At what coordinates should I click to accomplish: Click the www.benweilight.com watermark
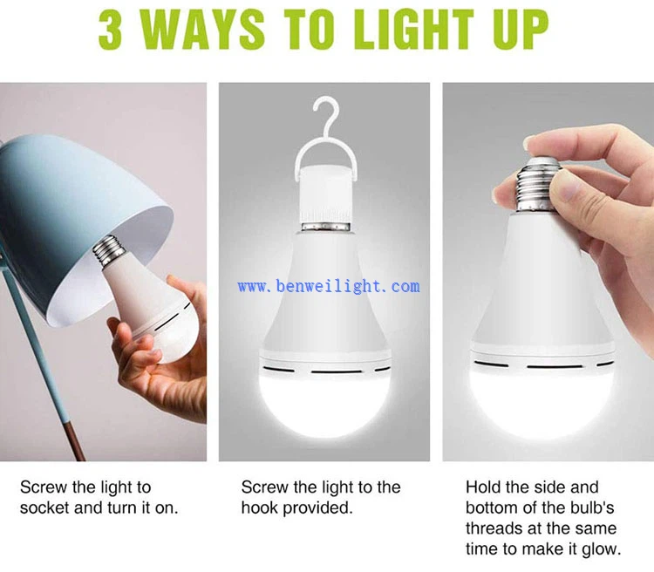[328, 286]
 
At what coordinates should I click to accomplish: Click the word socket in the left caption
[45, 507]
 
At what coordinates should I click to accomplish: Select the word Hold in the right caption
[483, 487]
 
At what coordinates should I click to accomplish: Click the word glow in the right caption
[602, 548]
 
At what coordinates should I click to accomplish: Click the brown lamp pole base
[74, 436]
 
